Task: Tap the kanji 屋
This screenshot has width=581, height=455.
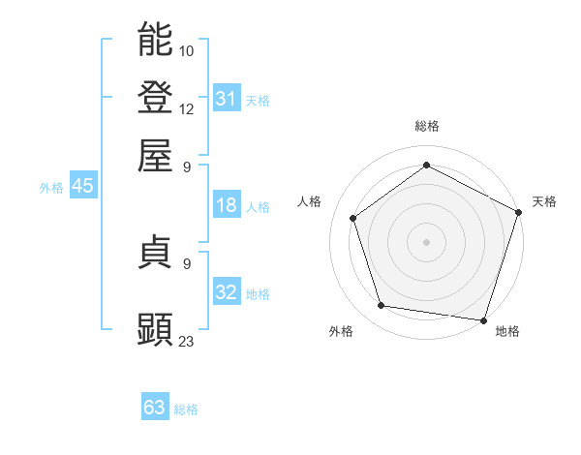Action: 156,154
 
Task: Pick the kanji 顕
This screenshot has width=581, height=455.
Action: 156,329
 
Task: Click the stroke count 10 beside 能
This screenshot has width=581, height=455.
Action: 187,50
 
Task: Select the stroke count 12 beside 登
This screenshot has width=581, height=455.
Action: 187,108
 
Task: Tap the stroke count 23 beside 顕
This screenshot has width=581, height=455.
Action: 187,341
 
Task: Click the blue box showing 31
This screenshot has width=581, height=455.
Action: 227,98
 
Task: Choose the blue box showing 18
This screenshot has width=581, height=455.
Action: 227,205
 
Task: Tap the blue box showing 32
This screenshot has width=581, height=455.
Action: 227,292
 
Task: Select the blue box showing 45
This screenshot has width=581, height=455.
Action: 82,187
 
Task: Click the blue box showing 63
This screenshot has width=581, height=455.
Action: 155,408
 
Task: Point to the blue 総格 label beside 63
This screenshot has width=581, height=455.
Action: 187,409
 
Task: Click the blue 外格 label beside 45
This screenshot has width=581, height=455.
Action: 51,188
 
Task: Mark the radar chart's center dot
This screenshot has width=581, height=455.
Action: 426,241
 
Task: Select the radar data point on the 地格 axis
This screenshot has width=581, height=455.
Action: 483,319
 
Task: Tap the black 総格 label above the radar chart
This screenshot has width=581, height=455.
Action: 427,126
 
